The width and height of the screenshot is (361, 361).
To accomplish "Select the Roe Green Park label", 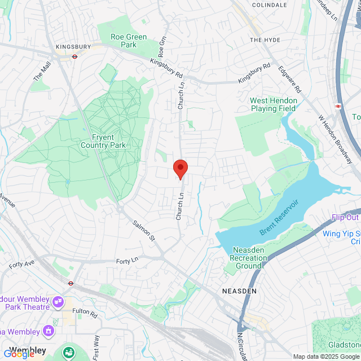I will (x=129, y=41).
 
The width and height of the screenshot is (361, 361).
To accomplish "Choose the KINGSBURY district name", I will (x=73, y=47).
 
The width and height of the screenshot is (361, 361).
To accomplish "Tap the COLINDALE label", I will (x=270, y=5).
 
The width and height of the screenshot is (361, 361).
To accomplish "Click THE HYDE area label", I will (x=265, y=40).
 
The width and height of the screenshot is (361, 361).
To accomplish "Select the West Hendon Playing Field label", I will (x=273, y=104).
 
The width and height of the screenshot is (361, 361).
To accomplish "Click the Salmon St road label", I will (x=144, y=231).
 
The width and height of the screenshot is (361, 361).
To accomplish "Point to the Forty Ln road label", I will (x=127, y=261).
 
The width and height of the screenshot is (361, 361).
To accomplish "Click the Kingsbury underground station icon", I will (x=73, y=56).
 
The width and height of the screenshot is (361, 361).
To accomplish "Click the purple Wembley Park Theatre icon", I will (x=57, y=303).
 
